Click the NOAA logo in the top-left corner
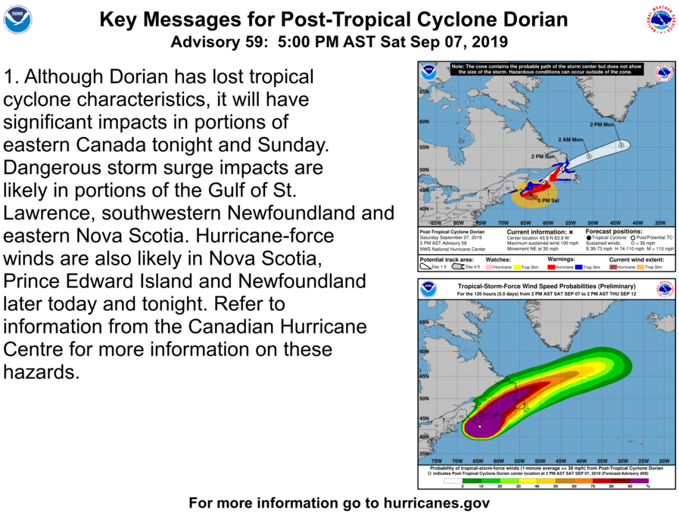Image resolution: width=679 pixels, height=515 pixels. tap(18, 20)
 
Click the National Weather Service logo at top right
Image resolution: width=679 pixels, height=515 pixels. tap(661, 20)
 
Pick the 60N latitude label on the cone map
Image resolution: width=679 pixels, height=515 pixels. tap(425, 119)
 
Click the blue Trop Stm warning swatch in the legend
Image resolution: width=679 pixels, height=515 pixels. tap(589, 267)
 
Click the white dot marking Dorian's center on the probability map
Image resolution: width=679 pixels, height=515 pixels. tap(480, 427)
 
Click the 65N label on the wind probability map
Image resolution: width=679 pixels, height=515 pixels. tap(425, 323)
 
